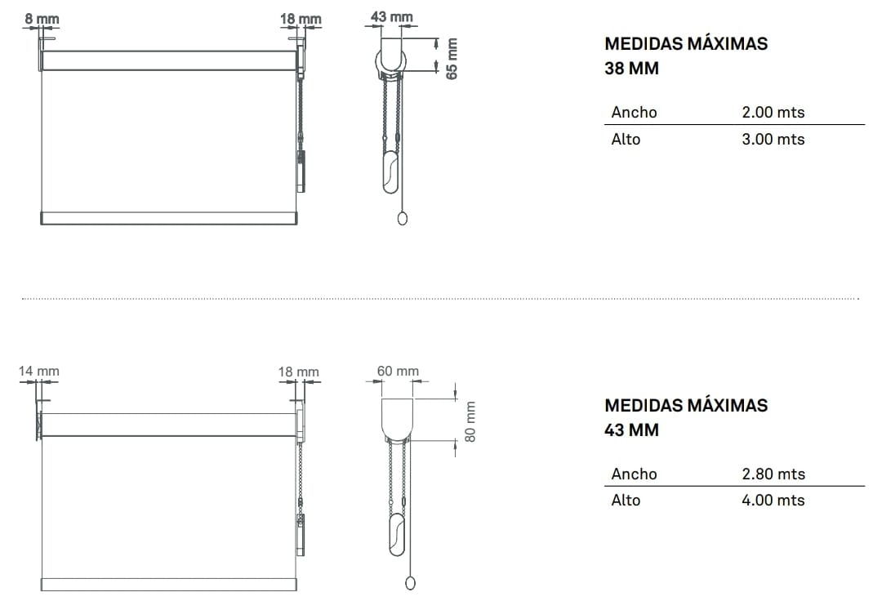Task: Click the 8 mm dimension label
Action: (x=41, y=18)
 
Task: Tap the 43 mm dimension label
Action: (x=391, y=16)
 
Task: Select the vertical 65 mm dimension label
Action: (x=452, y=58)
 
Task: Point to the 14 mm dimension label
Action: (x=39, y=371)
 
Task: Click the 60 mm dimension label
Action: (x=398, y=371)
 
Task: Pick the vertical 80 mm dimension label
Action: (x=470, y=421)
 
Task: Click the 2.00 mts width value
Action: (x=773, y=113)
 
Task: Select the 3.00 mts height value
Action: (x=773, y=139)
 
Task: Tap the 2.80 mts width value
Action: (x=773, y=474)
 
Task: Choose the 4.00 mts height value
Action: (x=773, y=500)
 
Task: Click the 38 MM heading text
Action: (x=631, y=69)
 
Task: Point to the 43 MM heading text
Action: (x=631, y=430)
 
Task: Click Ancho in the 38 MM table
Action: (x=634, y=113)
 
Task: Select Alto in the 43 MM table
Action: (x=626, y=500)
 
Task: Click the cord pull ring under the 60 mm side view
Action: (x=411, y=582)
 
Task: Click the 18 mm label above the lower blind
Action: (x=298, y=372)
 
